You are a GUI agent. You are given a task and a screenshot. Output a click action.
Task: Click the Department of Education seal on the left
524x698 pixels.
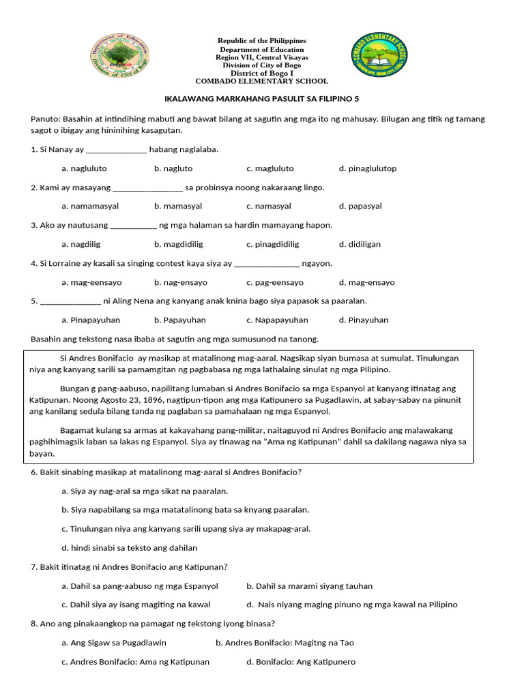(119, 55)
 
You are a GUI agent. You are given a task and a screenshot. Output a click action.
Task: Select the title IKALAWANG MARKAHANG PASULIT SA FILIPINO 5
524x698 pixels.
(263, 99)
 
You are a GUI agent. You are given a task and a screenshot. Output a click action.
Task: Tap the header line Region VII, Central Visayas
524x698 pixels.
(262, 57)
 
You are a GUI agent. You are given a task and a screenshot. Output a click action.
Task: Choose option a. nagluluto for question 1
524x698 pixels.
(84, 168)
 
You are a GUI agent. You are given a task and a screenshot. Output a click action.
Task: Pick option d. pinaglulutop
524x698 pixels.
(367, 168)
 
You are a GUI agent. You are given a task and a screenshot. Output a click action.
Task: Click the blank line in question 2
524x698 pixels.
(147, 187)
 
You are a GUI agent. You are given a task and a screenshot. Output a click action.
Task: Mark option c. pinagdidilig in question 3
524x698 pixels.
(273, 244)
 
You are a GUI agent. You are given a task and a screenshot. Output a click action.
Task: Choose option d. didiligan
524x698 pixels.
(360, 244)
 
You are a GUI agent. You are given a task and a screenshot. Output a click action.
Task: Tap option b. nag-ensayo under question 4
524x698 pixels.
(181, 282)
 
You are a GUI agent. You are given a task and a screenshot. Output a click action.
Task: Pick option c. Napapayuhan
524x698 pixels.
(277, 320)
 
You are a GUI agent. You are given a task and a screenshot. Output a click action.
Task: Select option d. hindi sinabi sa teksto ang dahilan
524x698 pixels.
(129, 547)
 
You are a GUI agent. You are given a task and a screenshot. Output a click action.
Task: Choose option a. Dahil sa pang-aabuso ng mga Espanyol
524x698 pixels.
(140, 586)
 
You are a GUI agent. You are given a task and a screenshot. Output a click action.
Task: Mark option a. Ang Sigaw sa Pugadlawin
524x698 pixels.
(114, 643)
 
